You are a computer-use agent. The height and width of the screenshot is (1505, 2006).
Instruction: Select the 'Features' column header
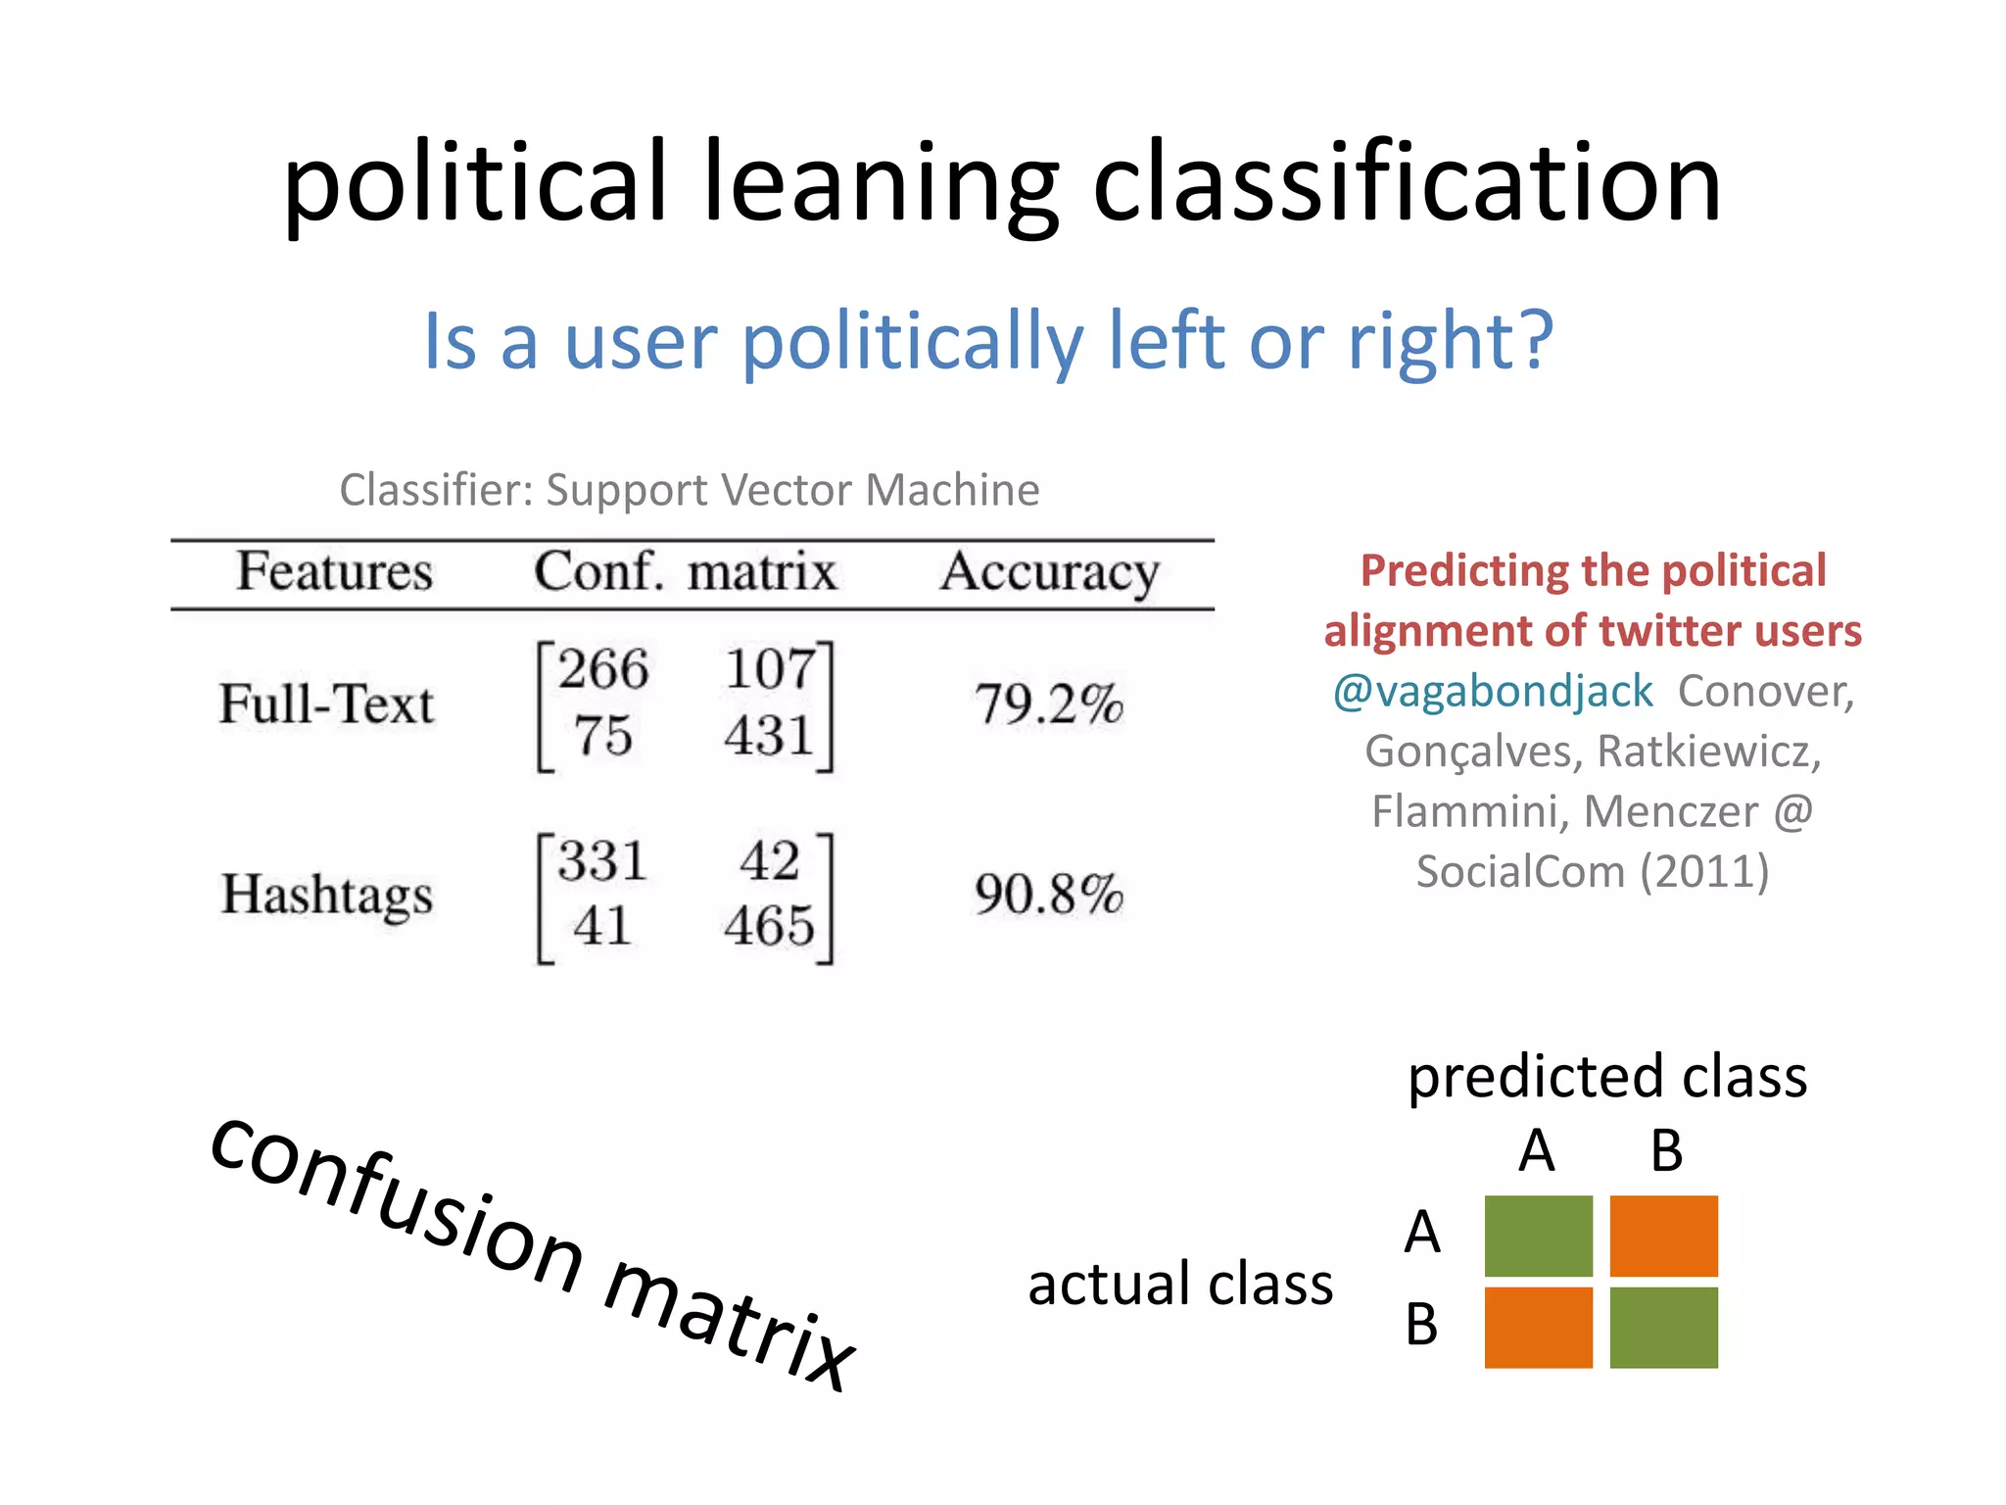(x=334, y=571)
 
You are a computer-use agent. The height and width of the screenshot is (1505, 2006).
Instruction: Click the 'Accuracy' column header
(x=1049, y=573)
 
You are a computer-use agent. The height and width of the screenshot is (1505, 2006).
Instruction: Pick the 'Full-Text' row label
(x=326, y=704)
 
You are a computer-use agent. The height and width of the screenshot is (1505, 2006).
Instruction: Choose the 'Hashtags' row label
(x=326, y=895)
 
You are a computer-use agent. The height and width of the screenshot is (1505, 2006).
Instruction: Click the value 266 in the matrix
(x=602, y=670)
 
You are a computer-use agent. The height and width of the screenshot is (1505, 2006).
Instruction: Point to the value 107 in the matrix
(x=770, y=670)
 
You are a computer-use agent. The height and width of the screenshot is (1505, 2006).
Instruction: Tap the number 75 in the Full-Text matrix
(x=602, y=736)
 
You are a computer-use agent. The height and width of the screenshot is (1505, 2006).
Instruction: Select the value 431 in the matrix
(x=770, y=736)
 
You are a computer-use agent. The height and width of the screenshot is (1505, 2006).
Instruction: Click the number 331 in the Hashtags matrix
(x=602, y=861)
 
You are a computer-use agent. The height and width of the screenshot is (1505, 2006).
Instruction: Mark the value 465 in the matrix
(x=770, y=926)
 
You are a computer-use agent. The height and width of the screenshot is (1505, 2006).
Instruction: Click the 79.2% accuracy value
(x=1048, y=704)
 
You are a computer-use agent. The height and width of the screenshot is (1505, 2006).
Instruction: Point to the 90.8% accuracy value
(x=1048, y=895)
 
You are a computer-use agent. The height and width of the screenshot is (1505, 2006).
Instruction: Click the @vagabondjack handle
(x=1493, y=692)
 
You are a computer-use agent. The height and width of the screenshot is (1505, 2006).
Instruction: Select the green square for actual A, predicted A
(x=1538, y=1236)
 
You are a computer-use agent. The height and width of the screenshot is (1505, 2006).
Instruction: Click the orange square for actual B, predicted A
(x=1538, y=1327)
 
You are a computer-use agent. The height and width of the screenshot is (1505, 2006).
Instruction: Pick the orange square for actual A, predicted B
(x=1663, y=1236)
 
